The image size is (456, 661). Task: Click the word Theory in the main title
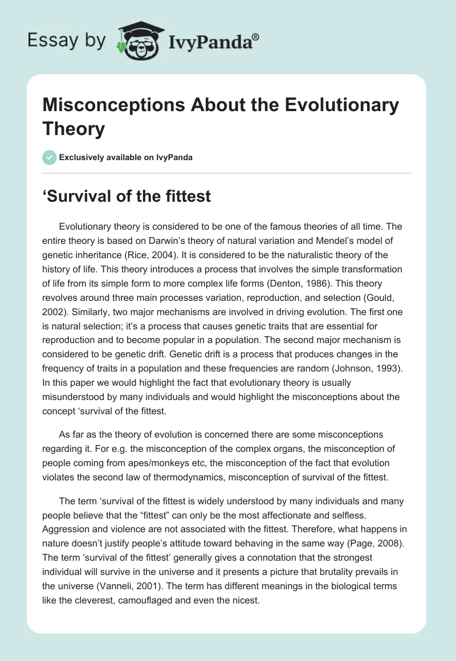tap(74, 129)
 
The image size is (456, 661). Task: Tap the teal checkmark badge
tap(50, 158)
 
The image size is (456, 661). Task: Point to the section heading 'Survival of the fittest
tap(127, 197)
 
